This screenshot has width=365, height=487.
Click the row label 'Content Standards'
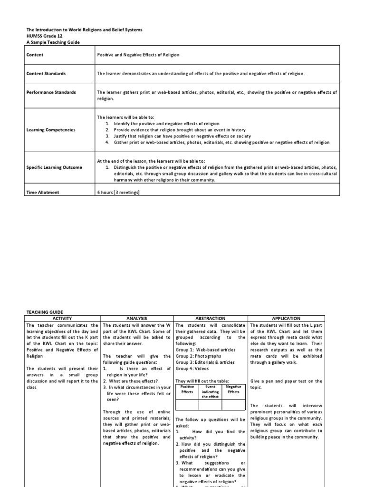[x=46, y=74]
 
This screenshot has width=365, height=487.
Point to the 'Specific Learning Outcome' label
[x=54, y=167]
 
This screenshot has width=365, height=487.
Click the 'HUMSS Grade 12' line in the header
[x=44, y=36]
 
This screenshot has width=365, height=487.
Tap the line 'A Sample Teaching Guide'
[x=53, y=42]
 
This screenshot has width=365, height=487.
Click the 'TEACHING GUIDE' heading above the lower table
[x=44, y=312]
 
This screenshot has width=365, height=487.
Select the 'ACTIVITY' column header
[x=63, y=318]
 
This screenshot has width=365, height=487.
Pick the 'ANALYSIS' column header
[x=137, y=318]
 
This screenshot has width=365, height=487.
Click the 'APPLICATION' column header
[x=286, y=318]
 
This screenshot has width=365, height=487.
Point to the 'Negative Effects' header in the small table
[x=233, y=389]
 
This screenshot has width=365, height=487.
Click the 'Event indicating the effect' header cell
[x=210, y=392]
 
